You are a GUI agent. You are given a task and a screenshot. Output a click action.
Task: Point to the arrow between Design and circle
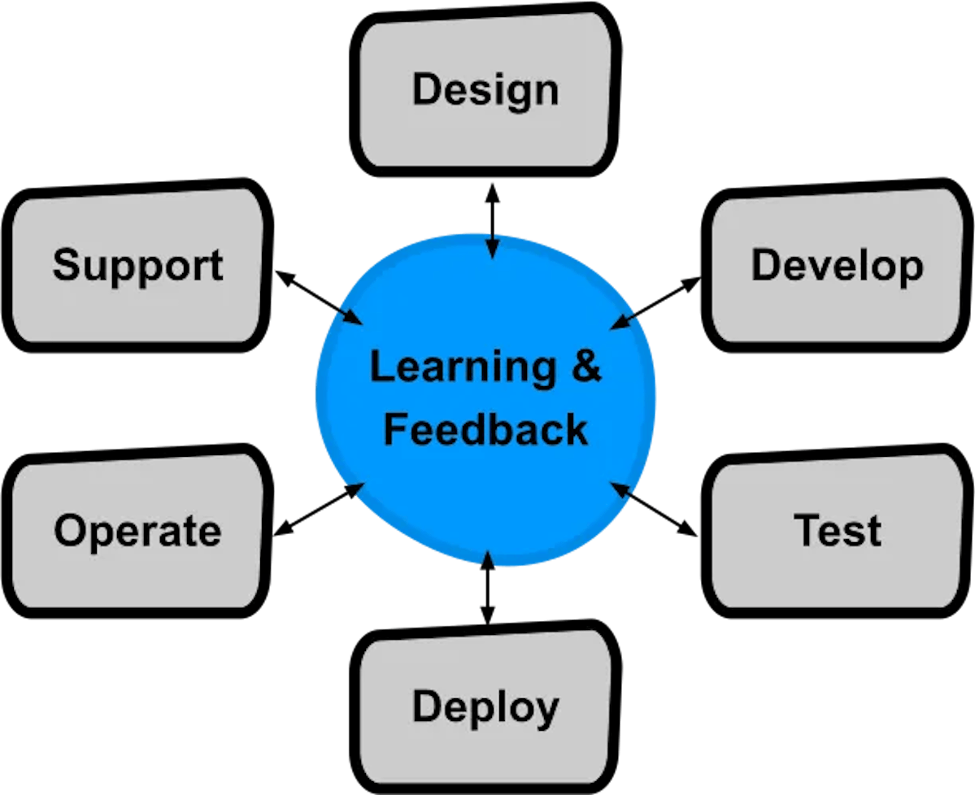[x=491, y=219]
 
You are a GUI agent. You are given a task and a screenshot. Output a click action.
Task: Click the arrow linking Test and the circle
[x=655, y=510]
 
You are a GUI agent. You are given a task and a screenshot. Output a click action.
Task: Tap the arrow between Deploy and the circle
[x=487, y=588]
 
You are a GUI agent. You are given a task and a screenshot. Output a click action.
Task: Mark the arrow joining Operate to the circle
[x=318, y=510]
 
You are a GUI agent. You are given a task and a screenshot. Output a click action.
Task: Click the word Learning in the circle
[x=463, y=368]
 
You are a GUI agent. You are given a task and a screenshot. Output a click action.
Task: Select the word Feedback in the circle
[x=485, y=429]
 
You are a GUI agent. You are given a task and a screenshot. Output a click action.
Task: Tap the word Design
[x=485, y=89]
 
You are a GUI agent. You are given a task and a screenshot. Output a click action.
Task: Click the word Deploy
[x=485, y=706]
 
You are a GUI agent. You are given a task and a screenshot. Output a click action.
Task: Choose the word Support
[x=137, y=266]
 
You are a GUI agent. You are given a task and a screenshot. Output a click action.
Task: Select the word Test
[x=837, y=530]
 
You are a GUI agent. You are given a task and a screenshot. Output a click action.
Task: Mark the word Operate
[x=137, y=532]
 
